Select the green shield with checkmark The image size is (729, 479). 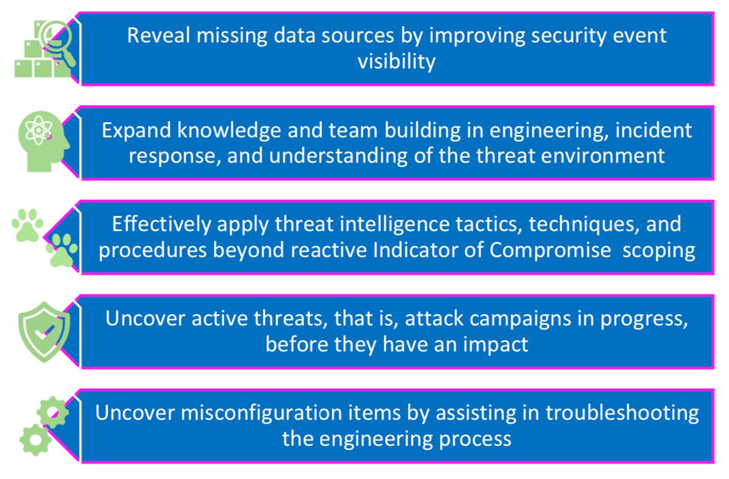pos(44,332)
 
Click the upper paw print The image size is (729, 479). pos(27,226)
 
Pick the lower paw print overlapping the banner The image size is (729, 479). pos(62,250)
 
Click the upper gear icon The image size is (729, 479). pos(53,412)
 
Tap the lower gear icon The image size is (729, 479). pos(36,440)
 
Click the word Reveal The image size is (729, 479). pos(158,35)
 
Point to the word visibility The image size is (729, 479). pos(397,62)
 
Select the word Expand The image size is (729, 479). pos(137,131)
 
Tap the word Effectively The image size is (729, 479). pos(162,225)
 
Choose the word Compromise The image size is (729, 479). pos(550,251)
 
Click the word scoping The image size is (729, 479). pos(659,252)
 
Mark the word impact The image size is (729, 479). pos(496,345)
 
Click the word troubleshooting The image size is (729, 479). pos(622,414)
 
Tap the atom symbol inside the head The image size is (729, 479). pos(39,130)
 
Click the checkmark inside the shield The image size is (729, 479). pos(44,333)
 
